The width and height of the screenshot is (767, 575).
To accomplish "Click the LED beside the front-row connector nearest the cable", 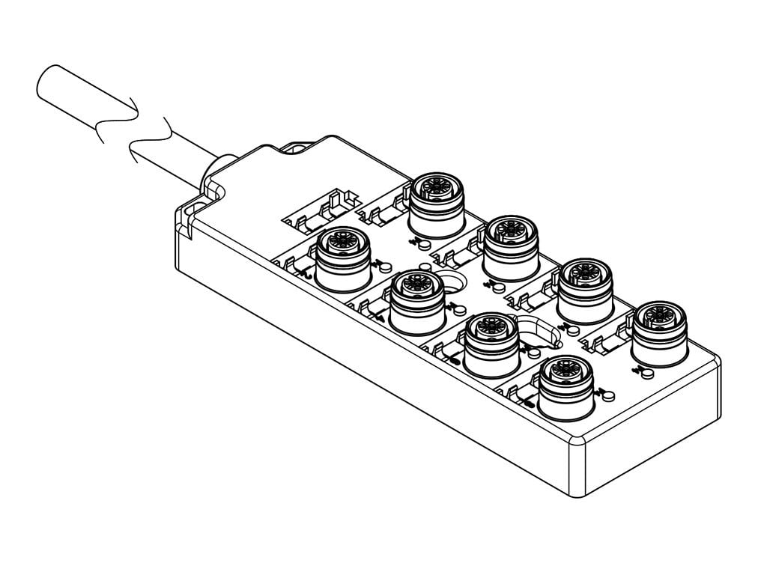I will pos(386,264).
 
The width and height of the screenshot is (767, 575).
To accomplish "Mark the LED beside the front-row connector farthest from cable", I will pos(607,392).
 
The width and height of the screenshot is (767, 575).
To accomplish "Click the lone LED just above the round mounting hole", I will pos(427,267).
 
